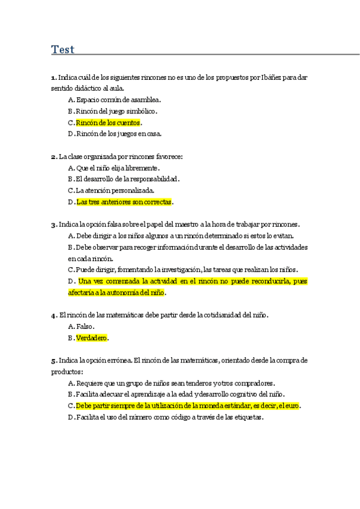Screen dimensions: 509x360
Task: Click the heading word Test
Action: coord(62,50)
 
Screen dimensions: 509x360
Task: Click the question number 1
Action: coord(53,77)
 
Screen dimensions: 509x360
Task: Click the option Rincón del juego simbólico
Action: coord(116,111)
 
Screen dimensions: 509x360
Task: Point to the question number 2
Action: coord(53,157)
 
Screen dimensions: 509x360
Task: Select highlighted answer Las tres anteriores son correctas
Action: coord(124,202)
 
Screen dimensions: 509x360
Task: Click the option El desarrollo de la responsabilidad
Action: coord(127,179)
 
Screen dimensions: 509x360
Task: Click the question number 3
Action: coord(53,224)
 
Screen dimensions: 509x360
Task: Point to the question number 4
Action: coord(53,315)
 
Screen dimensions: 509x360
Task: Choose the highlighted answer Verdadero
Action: coord(91,338)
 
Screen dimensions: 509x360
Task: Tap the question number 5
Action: coord(53,360)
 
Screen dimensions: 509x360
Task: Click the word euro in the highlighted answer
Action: coord(292,406)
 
